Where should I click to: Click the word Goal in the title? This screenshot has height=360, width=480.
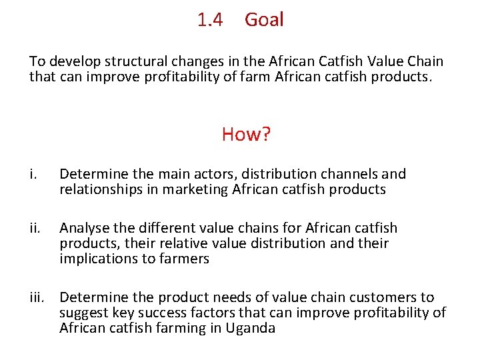[264, 20]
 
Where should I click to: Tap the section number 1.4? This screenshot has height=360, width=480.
[210, 20]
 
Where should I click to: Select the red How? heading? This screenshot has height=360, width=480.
[246, 134]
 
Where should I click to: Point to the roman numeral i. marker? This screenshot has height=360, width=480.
[33, 175]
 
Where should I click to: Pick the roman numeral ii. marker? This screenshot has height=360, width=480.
[35, 229]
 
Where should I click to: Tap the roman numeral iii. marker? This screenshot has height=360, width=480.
[37, 297]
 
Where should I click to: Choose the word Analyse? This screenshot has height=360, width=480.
[84, 229]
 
